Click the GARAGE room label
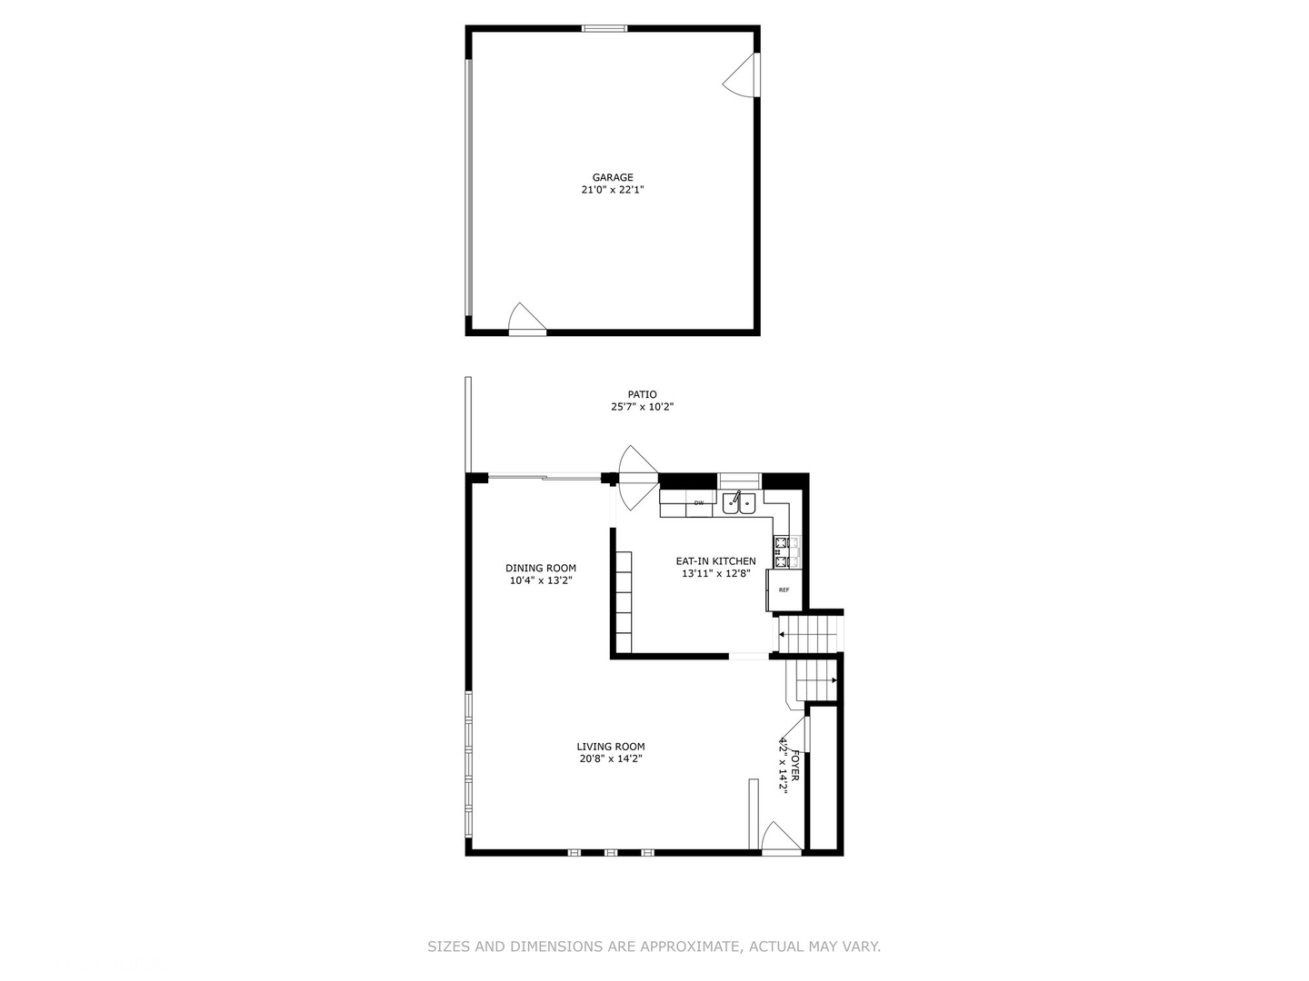pyautogui.click(x=613, y=178)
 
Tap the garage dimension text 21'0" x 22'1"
pyautogui.click(x=613, y=191)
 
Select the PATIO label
pyautogui.click(x=642, y=395)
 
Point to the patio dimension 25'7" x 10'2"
pyautogui.click(x=642, y=408)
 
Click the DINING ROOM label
pyautogui.click(x=541, y=569)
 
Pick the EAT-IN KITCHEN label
pyautogui.click(x=715, y=561)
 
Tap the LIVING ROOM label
pyautogui.click(x=611, y=747)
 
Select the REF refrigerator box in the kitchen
pyautogui.click(x=784, y=590)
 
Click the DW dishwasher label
pyautogui.click(x=699, y=502)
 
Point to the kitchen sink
pyautogui.click(x=738, y=503)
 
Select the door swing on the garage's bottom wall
pyautogui.click(x=525, y=319)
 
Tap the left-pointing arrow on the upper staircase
pyautogui.click(x=782, y=635)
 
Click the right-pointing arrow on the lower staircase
pyautogui.click(x=834, y=679)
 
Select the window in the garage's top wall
pyautogui.click(x=605, y=28)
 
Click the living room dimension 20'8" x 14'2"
pyautogui.click(x=611, y=759)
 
